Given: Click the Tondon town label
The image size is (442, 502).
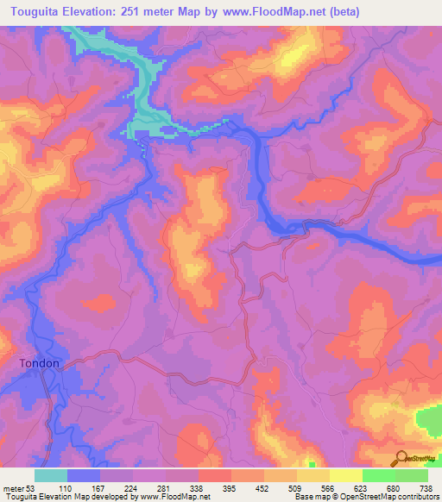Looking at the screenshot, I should [x=40, y=363].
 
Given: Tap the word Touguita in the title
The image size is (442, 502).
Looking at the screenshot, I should [x=39, y=11].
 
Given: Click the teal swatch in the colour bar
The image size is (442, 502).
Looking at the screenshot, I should [x=51, y=475].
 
